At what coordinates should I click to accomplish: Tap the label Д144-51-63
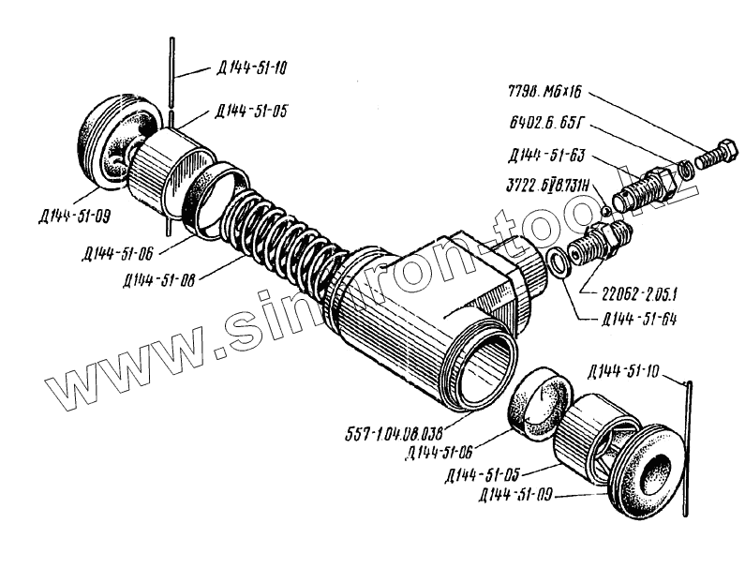click(x=544, y=155)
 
